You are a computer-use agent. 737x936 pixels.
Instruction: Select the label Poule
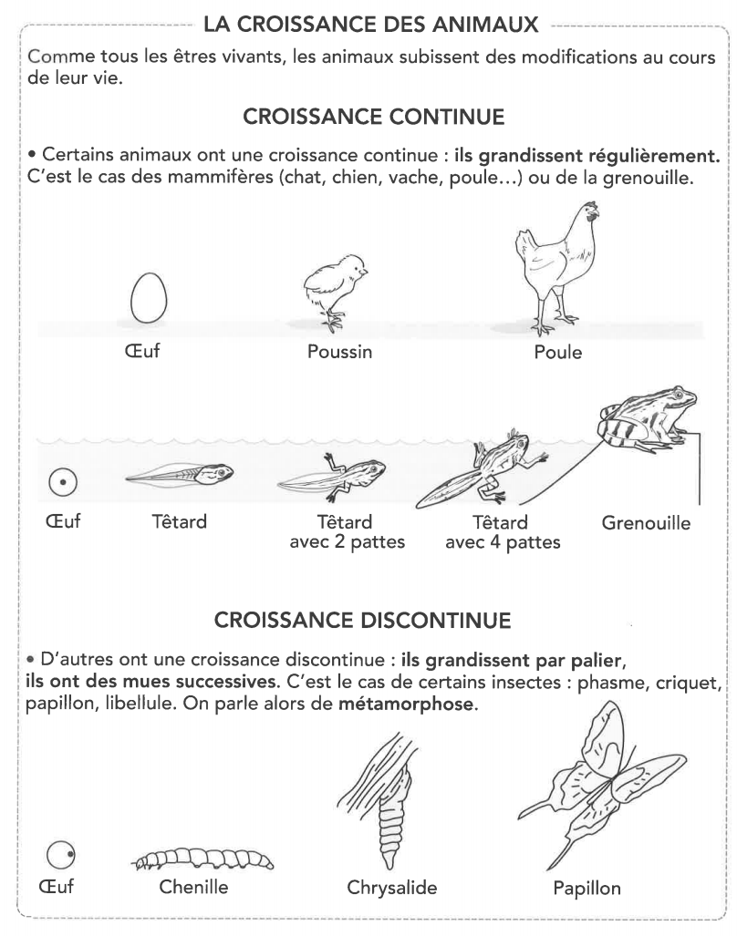558,352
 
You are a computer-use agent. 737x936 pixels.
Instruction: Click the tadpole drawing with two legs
333,474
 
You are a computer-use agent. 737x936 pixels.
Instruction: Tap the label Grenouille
646,524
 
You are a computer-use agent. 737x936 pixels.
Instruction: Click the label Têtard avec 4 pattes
503,533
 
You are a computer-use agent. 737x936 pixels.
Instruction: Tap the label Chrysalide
393,888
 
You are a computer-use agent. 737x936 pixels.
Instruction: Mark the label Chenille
192,888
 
